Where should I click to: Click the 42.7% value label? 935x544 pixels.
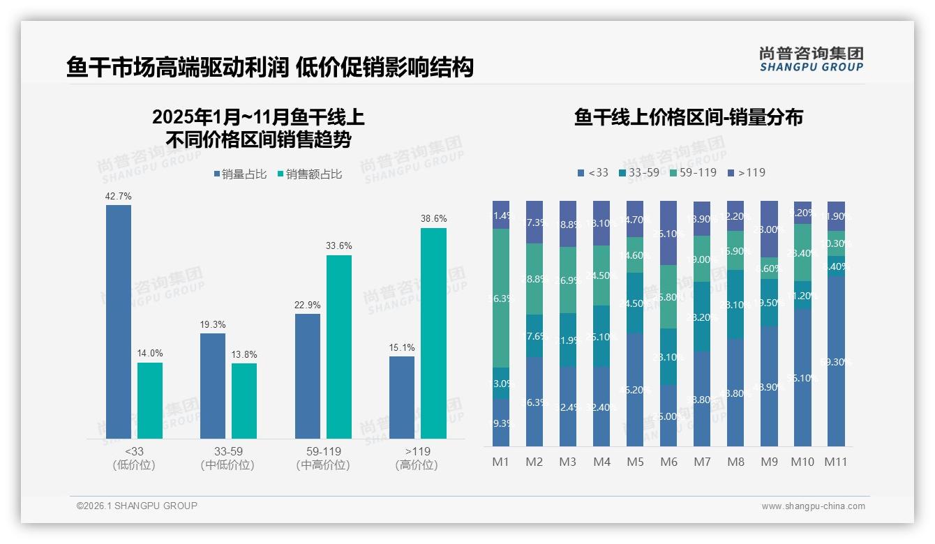[119, 197]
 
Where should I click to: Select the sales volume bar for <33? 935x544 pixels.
[119, 321]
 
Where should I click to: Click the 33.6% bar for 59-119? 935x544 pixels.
[339, 347]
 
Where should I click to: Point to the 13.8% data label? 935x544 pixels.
[244, 355]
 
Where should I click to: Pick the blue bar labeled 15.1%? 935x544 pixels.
[402, 398]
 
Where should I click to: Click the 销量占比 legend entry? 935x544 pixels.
[240, 174]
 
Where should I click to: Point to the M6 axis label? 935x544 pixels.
[668, 462]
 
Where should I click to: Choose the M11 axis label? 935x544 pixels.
[836, 462]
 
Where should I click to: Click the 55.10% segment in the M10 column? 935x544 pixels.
[802, 377]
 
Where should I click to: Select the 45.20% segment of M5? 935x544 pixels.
[635, 389]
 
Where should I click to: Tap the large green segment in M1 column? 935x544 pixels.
[501, 298]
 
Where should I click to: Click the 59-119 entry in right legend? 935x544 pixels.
[693, 172]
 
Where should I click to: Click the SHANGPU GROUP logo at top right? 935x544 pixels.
[811, 59]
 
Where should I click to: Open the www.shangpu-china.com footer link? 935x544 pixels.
[813, 506]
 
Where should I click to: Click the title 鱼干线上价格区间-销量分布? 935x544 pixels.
[688, 117]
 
